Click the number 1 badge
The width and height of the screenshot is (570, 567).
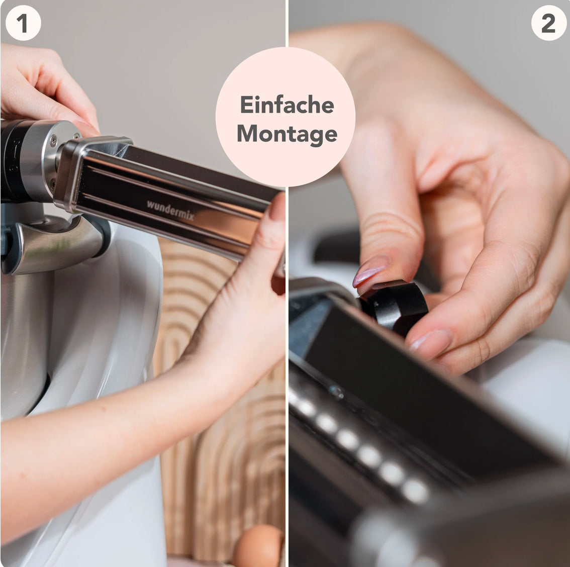click(x=23, y=23)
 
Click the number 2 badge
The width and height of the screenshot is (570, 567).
click(x=548, y=23)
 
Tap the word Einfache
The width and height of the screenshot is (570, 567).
click(x=287, y=105)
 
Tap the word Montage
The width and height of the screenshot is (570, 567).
click(x=287, y=134)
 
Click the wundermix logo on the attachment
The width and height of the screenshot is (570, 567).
click(x=170, y=210)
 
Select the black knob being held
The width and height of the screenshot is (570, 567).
click(x=395, y=306)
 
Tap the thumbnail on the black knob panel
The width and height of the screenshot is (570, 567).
click(x=429, y=342)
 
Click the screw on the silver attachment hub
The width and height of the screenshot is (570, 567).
click(x=53, y=140)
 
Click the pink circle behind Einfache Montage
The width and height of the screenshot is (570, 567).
click(x=286, y=117)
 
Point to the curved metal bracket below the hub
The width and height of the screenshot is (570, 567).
click(x=54, y=243)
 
